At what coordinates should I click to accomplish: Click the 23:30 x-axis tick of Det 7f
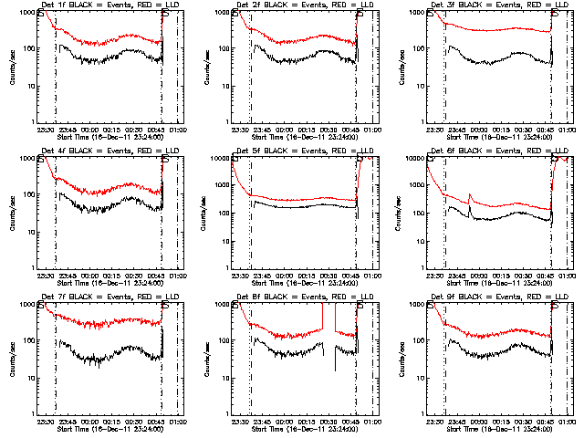(45, 422)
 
